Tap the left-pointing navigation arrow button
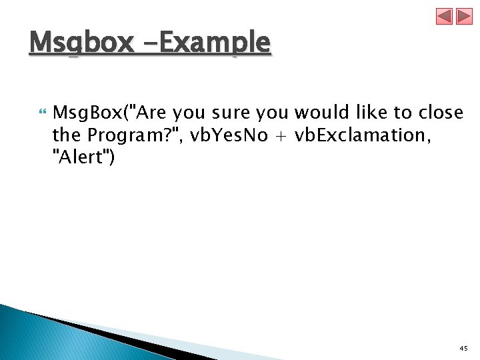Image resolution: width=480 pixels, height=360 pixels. (445, 17)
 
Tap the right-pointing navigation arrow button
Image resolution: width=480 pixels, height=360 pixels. (463, 17)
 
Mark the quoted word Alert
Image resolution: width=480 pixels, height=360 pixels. (84, 159)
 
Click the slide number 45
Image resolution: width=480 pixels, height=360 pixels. (463, 349)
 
